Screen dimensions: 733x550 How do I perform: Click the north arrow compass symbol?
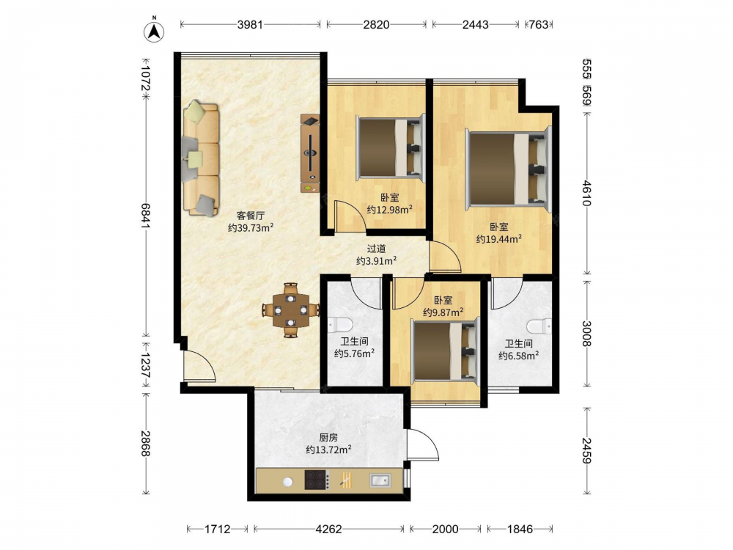pyautogui.click(x=154, y=31)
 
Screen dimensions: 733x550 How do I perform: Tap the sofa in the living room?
pyautogui.click(x=201, y=159)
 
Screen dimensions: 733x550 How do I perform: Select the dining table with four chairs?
pyautogui.click(x=291, y=309)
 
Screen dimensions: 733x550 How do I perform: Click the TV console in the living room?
pyautogui.click(x=310, y=153)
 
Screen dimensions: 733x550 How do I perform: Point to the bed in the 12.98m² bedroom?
pyautogui.click(x=391, y=148)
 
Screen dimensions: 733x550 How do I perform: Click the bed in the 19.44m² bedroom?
pyautogui.click(x=509, y=169)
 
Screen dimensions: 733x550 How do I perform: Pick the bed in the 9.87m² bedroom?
pyautogui.click(x=446, y=351)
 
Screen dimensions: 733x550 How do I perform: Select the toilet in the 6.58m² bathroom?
pyautogui.click(x=539, y=326)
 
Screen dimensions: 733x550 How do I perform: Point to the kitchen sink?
pyautogui.click(x=380, y=480)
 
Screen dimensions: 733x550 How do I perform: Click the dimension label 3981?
pyautogui.click(x=250, y=25)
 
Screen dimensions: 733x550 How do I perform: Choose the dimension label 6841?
pyautogui.click(x=145, y=216)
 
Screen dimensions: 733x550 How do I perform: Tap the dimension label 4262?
pyautogui.click(x=328, y=529)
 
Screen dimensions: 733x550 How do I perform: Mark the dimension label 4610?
pyautogui.click(x=587, y=193)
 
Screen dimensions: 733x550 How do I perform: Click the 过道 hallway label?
pyautogui.click(x=376, y=249)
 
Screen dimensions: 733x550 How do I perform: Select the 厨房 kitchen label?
pyautogui.click(x=328, y=438)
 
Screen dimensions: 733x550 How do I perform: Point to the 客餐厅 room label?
pyautogui.click(x=251, y=216)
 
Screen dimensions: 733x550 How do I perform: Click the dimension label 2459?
pyautogui.click(x=587, y=450)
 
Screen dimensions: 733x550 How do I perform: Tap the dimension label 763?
pyautogui.click(x=539, y=25)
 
